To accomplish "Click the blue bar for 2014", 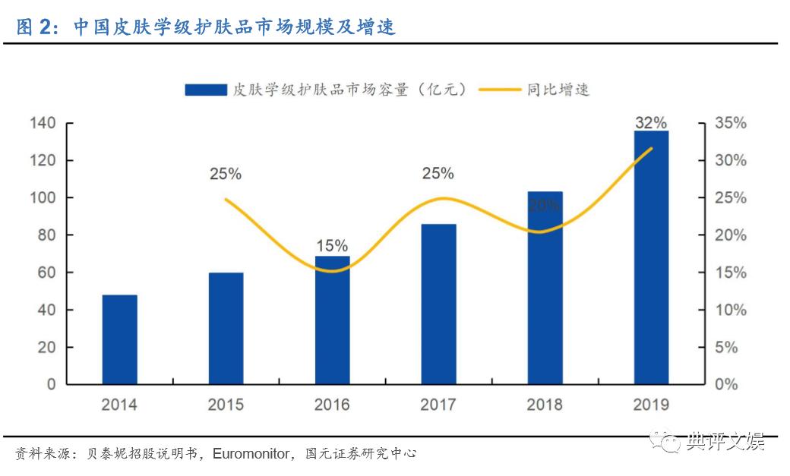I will click(x=119, y=339).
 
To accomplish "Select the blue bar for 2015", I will click(x=226, y=328).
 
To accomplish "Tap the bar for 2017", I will click(x=438, y=304).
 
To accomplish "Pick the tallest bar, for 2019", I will click(x=651, y=257).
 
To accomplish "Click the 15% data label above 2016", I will click(x=332, y=246).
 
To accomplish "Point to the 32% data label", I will click(x=651, y=123).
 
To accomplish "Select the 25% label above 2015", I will click(x=226, y=174).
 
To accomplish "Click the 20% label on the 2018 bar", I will click(x=545, y=204).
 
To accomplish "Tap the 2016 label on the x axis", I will click(x=332, y=405).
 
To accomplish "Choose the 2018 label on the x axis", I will click(x=545, y=405).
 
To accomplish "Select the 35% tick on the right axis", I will click(x=730, y=123).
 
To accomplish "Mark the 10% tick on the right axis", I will click(x=730, y=310).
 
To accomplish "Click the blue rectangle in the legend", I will click(x=206, y=90).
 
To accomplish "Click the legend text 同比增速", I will click(x=558, y=90).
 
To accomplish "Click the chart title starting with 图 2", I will click(x=205, y=28).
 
